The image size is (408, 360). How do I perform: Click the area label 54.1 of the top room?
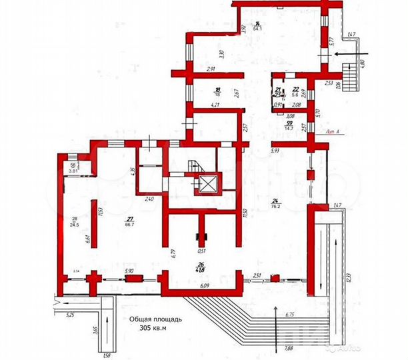pyautogui.click(x=256, y=29)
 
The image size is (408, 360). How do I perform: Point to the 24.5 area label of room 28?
pyautogui.click(x=75, y=225)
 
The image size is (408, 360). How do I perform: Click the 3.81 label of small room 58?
pyautogui.click(x=74, y=171)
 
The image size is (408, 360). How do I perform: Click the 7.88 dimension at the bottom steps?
pyautogui.click(x=288, y=347)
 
